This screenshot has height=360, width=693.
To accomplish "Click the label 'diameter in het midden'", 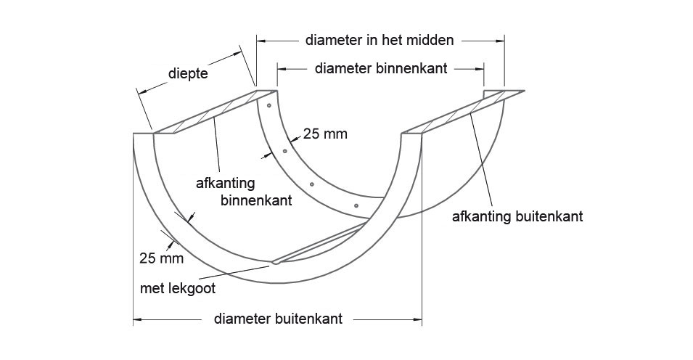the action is [x=380, y=40].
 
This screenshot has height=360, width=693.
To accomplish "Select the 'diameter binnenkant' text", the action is [x=381, y=68].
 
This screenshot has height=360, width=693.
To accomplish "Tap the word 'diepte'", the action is [x=188, y=73].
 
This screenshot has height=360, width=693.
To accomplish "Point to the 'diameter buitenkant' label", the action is [x=278, y=319].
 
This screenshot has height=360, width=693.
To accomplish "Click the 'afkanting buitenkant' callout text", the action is [x=517, y=217].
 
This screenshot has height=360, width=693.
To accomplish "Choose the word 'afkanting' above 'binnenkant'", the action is [x=226, y=183].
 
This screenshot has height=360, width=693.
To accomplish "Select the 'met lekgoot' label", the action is [x=178, y=289].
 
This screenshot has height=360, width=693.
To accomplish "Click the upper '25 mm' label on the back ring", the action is [x=325, y=134].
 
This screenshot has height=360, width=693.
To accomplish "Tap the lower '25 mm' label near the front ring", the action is [x=161, y=258].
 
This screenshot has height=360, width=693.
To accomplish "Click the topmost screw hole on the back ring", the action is [x=268, y=106].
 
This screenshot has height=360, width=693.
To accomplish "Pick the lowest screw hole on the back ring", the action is [x=356, y=205].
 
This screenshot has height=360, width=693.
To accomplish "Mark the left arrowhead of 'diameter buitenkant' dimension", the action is [x=138, y=319].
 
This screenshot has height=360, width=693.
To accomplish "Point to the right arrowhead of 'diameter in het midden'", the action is [x=500, y=41].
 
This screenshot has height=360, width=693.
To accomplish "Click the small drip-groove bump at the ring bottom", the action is [x=275, y=262].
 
